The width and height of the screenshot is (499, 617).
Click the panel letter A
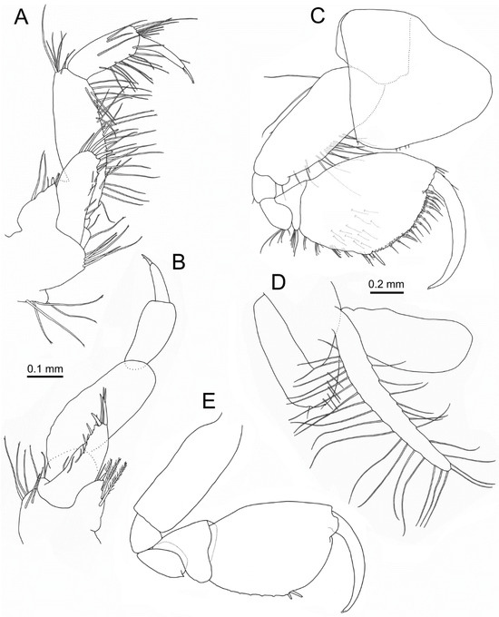[x=21, y=18]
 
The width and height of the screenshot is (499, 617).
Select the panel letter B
[x=178, y=263]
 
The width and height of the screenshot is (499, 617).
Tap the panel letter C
[x=318, y=16]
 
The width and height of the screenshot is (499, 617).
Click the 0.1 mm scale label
[x=44, y=369]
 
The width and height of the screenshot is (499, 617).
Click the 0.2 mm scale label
[x=386, y=283]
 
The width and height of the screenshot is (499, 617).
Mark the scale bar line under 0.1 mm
[x=44, y=376]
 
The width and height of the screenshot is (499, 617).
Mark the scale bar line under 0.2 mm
[x=386, y=291]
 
